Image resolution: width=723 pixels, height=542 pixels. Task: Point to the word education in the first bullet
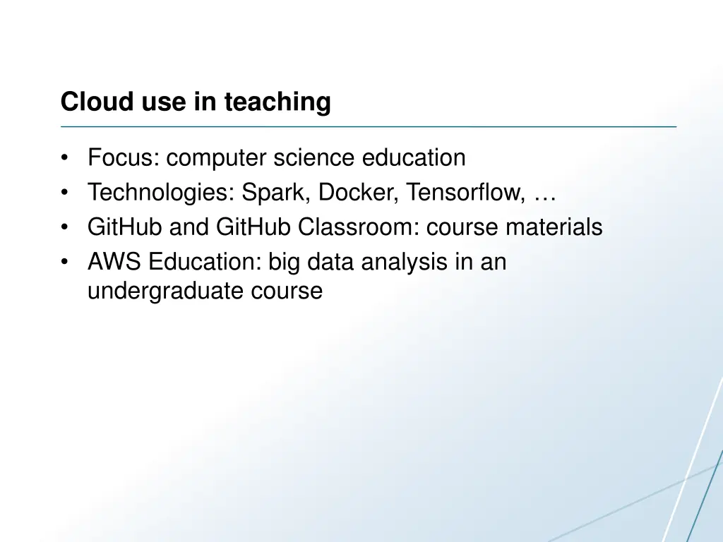[x=414, y=157]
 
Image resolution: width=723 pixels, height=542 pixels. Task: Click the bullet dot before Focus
[x=65, y=157]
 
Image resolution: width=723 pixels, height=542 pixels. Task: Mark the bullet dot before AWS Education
[x=65, y=263]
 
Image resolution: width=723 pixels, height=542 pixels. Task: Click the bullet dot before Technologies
[x=65, y=193]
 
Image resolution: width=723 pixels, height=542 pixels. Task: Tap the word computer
[x=215, y=158]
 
